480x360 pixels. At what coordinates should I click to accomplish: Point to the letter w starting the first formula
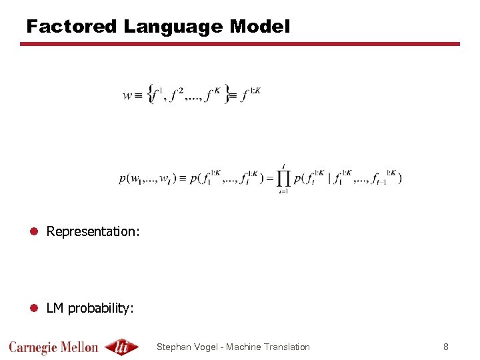[x=127, y=95]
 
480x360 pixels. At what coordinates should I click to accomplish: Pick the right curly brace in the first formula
[x=227, y=93]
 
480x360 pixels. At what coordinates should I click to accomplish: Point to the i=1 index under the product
[x=283, y=191]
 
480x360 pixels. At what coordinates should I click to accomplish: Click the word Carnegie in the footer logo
[x=33, y=347]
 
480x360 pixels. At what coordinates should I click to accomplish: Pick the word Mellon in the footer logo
[x=80, y=347]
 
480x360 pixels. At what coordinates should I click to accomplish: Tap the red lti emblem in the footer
[x=122, y=347]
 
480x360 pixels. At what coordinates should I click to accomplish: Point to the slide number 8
[x=445, y=347]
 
